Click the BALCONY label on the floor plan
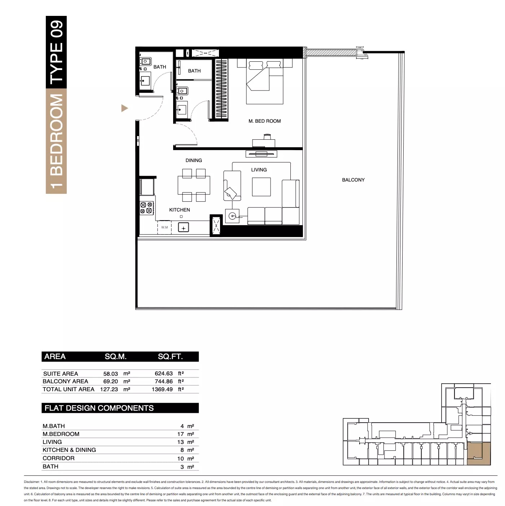coord(353,180)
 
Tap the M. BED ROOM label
coord(264,121)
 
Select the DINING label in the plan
coord(194,160)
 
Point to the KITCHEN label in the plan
coord(179,210)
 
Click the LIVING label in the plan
coord(259,170)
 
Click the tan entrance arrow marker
coord(124,108)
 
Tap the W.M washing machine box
coord(164,227)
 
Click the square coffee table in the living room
coord(261,187)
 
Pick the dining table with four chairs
coord(194,185)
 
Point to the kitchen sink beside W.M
coord(184,228)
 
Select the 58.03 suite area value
coord(110,374)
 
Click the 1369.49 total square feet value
coord(162,389)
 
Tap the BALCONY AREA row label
coord(65,381)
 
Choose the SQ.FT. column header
coord(170,357)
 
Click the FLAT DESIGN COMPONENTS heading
coord(99,408)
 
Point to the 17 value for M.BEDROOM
coord(180,434)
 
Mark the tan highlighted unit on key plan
coord(479,454)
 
